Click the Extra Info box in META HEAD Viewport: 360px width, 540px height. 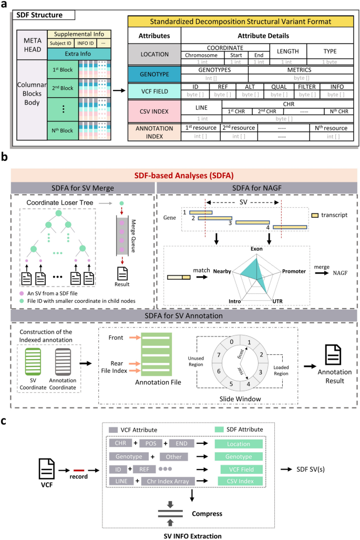click(x=79, y=53)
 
